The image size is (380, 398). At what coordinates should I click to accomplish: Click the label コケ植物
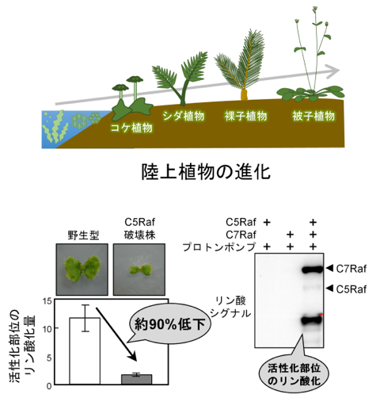131,128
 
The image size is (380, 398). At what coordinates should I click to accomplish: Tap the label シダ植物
184,116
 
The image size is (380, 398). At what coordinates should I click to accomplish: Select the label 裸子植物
246,116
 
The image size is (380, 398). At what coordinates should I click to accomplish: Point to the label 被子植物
313,116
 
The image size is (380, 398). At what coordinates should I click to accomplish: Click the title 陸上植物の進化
206,172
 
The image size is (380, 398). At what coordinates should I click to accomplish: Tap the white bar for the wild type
85,351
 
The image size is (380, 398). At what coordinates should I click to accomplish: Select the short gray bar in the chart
136,379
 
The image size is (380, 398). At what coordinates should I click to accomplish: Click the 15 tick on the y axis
47,301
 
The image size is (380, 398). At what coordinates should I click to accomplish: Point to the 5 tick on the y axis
49,358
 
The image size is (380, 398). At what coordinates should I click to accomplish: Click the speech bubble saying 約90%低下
170,323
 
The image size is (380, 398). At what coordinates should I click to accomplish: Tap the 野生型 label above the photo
83,235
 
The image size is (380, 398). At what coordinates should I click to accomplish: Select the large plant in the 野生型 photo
82,268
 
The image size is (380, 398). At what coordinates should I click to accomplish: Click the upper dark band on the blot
313,270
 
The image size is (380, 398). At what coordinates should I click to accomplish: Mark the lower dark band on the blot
312,320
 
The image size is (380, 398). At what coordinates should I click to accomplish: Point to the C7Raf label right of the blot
351,269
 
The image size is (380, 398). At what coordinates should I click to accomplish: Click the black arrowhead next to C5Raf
329,289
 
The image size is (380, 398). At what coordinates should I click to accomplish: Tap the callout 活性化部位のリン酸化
294,374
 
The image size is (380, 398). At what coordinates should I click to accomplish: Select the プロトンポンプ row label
219,247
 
